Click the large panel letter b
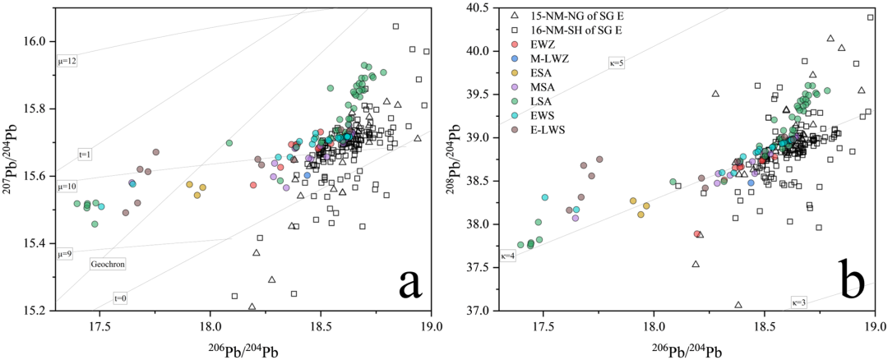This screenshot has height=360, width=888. pos(852,282)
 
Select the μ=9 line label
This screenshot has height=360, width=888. pos(67,254)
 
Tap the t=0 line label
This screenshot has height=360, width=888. pos(120,298)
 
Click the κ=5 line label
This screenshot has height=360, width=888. pos(617,63)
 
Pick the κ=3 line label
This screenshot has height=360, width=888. pos(798,302)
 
